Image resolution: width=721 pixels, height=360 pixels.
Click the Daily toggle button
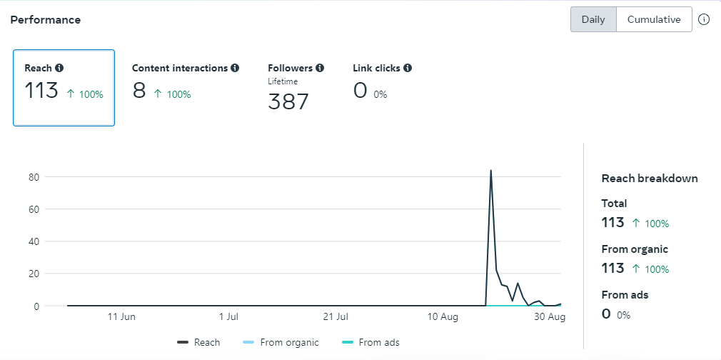(x=593, y=20)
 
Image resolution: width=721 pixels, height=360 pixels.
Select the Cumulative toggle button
(x=654, y=20)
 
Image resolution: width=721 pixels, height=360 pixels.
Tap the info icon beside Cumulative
(x=704, y=20)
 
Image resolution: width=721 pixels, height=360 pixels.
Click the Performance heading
(x=46, y=20)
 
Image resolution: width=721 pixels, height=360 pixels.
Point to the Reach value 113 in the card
(x=41, y=91)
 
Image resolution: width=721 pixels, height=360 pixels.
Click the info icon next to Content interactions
(x=235, y=69)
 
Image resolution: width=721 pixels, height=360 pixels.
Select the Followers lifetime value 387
(x=288, y=102)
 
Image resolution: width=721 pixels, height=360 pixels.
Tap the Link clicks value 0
(x=360, y=91)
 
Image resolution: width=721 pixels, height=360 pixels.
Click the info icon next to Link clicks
(x=408, y=69)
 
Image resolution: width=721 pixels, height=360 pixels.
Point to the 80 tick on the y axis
(x=33, y=177)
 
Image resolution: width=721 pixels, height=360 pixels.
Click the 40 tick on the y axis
(x=33, y=241)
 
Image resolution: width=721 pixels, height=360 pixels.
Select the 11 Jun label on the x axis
(x=121, y=316)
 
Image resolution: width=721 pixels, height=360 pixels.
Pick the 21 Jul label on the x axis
(x=335, y=316)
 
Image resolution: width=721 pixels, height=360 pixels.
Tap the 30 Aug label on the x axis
(x=549, y=316)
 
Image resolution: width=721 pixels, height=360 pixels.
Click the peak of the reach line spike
(x=491, y=171)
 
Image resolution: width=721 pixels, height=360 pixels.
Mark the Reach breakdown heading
(x=650, y=179)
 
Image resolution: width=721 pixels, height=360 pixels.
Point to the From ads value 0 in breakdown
(x=606, y=314)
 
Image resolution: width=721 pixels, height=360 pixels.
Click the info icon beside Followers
(x=320, y=69)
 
